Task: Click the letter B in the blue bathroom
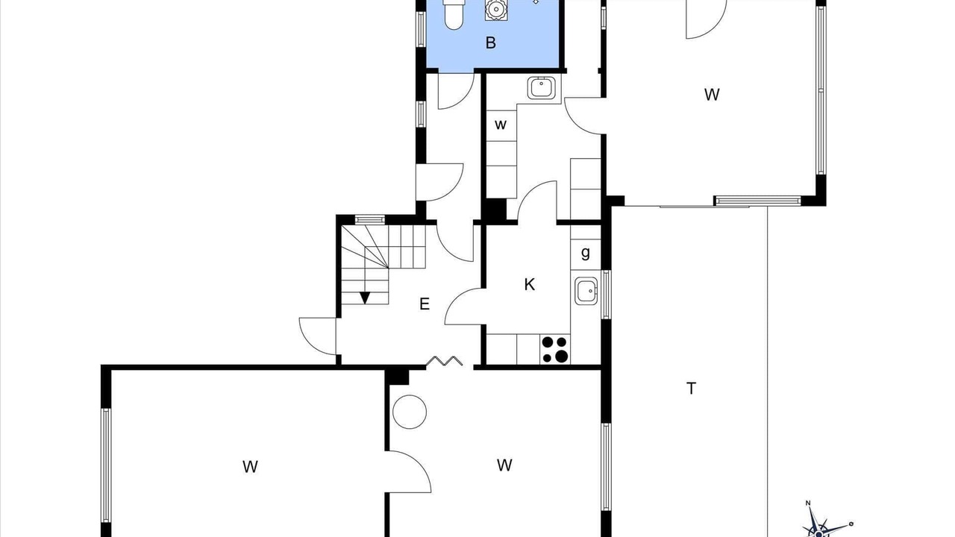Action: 491,43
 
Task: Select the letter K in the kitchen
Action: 529,284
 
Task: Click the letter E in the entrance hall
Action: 425,304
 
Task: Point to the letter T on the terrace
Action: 691,389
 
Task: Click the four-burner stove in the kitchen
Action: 554,350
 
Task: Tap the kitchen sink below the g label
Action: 586,291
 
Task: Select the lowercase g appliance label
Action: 586,253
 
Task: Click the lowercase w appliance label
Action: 501,125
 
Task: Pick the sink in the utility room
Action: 541,88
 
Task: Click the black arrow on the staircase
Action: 365,298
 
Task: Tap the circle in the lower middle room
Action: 410,412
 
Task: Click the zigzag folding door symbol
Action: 444,361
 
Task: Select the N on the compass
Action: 807,503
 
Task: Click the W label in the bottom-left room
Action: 250,467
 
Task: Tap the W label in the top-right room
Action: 712,94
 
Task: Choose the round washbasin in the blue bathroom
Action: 495,9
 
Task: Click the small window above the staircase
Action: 370,219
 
